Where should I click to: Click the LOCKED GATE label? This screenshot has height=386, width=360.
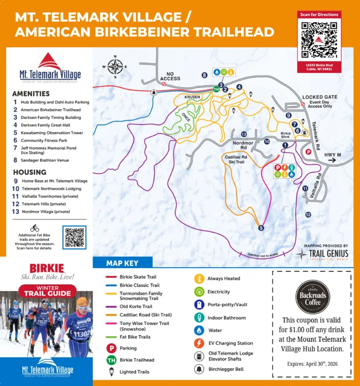click(x=320, y=97)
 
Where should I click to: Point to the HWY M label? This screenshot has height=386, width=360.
click(x=331, y=155)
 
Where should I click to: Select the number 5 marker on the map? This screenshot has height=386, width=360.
click(x=261, y=228)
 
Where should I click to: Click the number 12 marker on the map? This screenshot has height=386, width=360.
click(x=308, y=214)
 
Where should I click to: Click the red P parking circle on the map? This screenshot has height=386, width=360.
click(x=309, y=152)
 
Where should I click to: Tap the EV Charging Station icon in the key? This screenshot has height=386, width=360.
click(x=198, y=343)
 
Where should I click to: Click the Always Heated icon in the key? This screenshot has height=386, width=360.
click(x=198, y=279)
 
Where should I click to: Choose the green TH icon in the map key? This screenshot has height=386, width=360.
click(x=111, y=360)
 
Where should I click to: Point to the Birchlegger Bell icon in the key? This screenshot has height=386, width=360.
click(x=198, y=369)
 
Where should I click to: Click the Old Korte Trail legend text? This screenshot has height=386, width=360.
click(x=137, y=307)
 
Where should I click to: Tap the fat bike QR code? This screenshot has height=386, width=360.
click(x=75, y=237)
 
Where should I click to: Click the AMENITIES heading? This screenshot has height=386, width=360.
click(x=31, y=94)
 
